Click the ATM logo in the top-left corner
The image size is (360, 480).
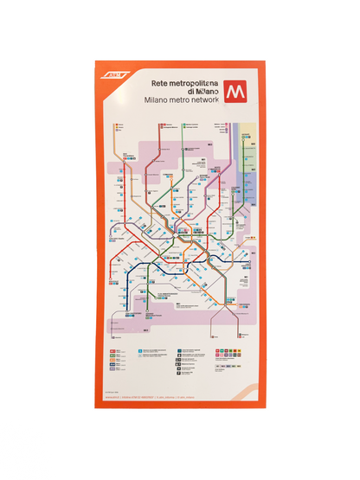pos(115,75)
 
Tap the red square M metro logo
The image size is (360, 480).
pos(234,92)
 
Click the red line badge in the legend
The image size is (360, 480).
pos(113,350)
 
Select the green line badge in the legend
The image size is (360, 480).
pos(113,356)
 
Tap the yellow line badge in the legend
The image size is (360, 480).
pos(113,362)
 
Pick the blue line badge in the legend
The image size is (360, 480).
pos(113,368)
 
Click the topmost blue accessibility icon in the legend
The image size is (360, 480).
pos(138,350)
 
